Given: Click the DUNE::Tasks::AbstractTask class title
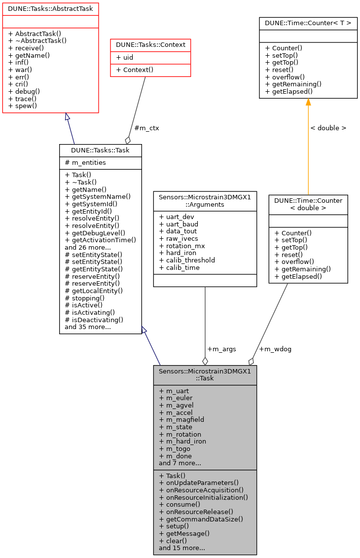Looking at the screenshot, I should click(x=51, y=9).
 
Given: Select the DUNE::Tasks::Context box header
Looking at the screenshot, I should click(x=150, y=45).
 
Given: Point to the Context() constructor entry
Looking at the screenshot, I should click(x=134, y=70).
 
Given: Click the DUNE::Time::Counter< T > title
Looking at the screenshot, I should click(x=308, y=23).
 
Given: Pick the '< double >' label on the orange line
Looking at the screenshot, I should click(x=328, y=128).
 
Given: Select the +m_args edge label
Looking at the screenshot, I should click(x=221, y=349).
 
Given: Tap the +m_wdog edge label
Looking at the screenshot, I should click(x=275, y=349).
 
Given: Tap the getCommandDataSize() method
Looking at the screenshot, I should click(x=201, y=519).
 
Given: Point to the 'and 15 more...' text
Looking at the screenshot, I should click(x=182, y=548).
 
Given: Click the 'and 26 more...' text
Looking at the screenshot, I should click(x=88, y=247).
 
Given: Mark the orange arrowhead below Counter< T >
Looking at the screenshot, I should click(x=308, y=102).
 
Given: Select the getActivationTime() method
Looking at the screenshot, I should click(x=100, y=240).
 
